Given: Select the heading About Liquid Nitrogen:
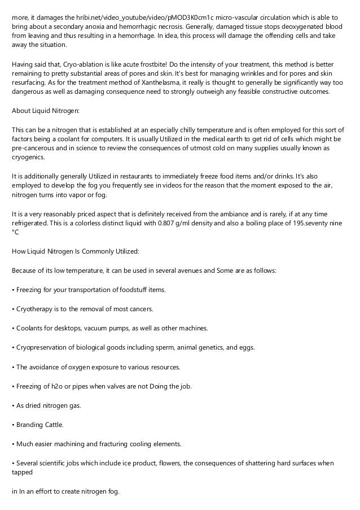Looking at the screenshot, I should tap(46, 110).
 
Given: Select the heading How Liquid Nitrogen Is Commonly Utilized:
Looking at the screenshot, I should tap(71, 250).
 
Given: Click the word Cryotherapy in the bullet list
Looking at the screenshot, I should tap(36, 309).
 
